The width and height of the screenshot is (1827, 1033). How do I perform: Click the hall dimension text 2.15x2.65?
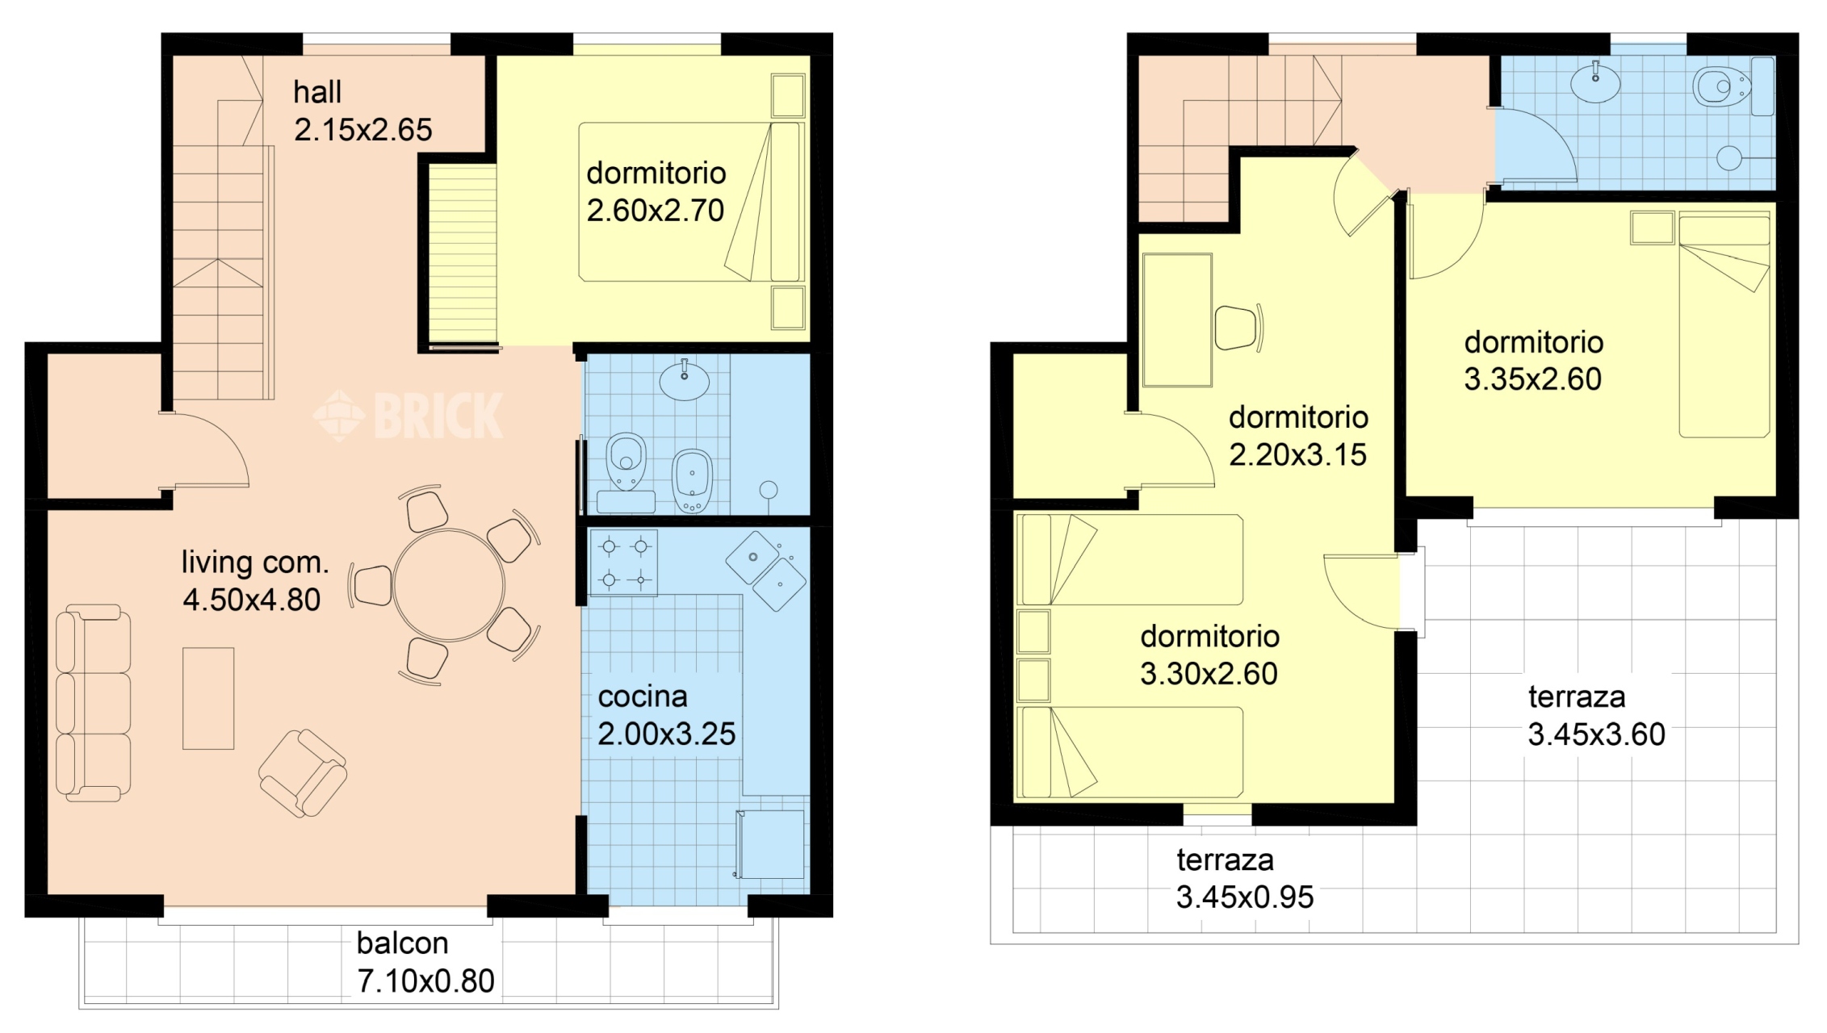tap(363, 130)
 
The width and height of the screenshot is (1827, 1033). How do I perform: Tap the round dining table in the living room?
tap(449, 584)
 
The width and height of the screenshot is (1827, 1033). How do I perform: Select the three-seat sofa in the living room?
tap(93, 703)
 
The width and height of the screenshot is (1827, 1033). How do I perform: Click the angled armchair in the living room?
tap(303, 773)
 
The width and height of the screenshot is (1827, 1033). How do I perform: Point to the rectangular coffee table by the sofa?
tap(208, 698)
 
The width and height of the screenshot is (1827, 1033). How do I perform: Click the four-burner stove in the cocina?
tap(623, 563)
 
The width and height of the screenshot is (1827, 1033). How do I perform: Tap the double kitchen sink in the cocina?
tap(766, 571)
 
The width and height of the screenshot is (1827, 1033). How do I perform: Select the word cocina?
tap(643, 696)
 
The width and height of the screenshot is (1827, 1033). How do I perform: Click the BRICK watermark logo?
tap(408, 416)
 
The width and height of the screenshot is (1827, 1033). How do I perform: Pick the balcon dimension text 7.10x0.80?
tap(425, 981)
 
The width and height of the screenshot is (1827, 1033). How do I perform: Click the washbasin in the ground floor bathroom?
tap(685, 380)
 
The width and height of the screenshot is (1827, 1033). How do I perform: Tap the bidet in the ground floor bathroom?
tap(692, 481)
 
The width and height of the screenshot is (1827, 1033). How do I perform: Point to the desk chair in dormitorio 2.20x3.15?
tap(1238, 327)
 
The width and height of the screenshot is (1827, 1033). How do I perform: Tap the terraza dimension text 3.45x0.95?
tap(1245, 897)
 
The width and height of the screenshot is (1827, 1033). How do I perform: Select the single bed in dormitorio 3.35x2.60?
tap(1724, 324)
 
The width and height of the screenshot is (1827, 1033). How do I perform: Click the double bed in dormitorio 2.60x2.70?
tap(691, 202)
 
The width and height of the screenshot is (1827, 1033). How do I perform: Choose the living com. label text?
tap(255, 563)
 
